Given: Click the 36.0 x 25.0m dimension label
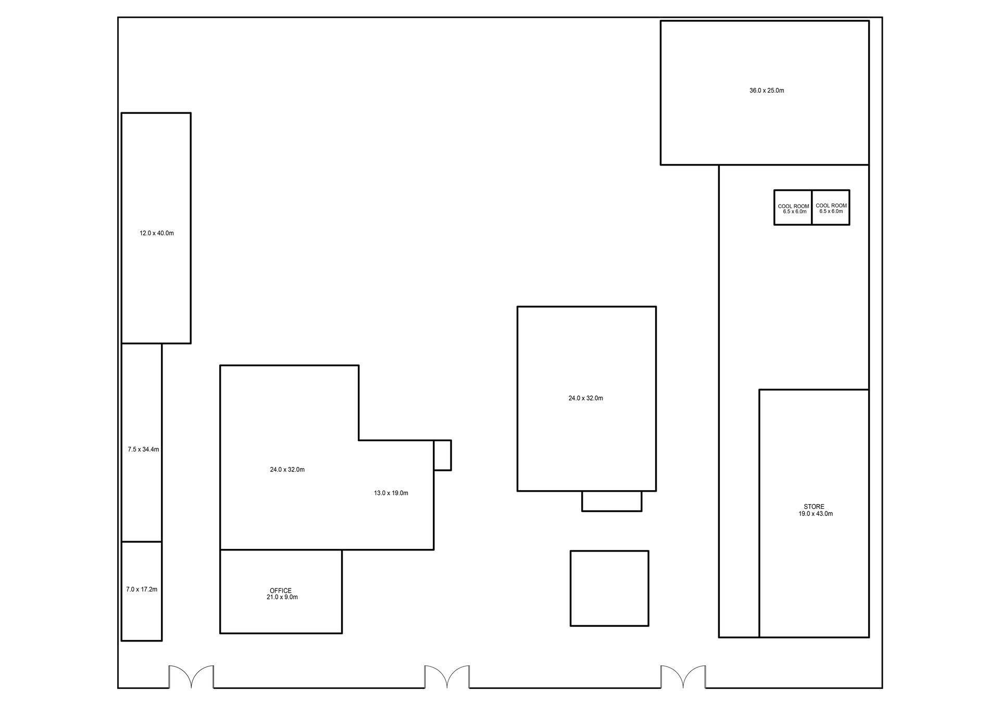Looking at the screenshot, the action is click(x=767, y=91).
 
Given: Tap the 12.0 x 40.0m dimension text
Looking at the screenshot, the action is click(x=157, y=233).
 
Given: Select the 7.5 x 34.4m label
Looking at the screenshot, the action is click(x=143, y=450).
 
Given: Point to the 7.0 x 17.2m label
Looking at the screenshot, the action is click(x=142, y=589).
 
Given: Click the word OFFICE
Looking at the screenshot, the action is click(x=281, y=591).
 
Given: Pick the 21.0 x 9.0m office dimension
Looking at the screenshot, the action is click(x=282, y=597).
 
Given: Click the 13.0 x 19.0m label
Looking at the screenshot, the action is click(x=391, y=493).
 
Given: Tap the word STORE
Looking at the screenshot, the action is click(x=814, y=507).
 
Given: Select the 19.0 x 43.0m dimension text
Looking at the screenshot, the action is click(x=816, y=514).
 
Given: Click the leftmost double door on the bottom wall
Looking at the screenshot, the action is click(x=191, y=676).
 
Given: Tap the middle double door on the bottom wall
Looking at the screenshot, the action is click(x=447, y=676).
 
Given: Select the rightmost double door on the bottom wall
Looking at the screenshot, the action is click(x=683, y=676).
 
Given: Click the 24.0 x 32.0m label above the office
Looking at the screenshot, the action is click(x=287, y=470).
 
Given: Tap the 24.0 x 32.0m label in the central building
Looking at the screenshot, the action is click(x=586, y=399).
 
